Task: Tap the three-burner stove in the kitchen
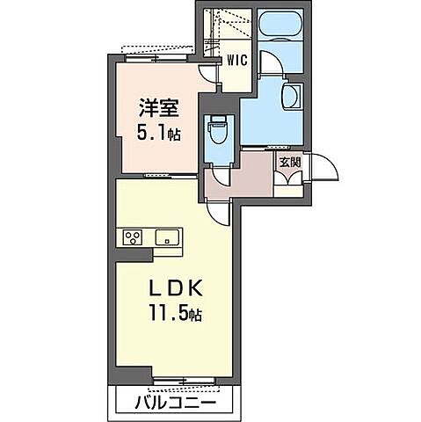(133, 237)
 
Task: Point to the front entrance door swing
(321, 170)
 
